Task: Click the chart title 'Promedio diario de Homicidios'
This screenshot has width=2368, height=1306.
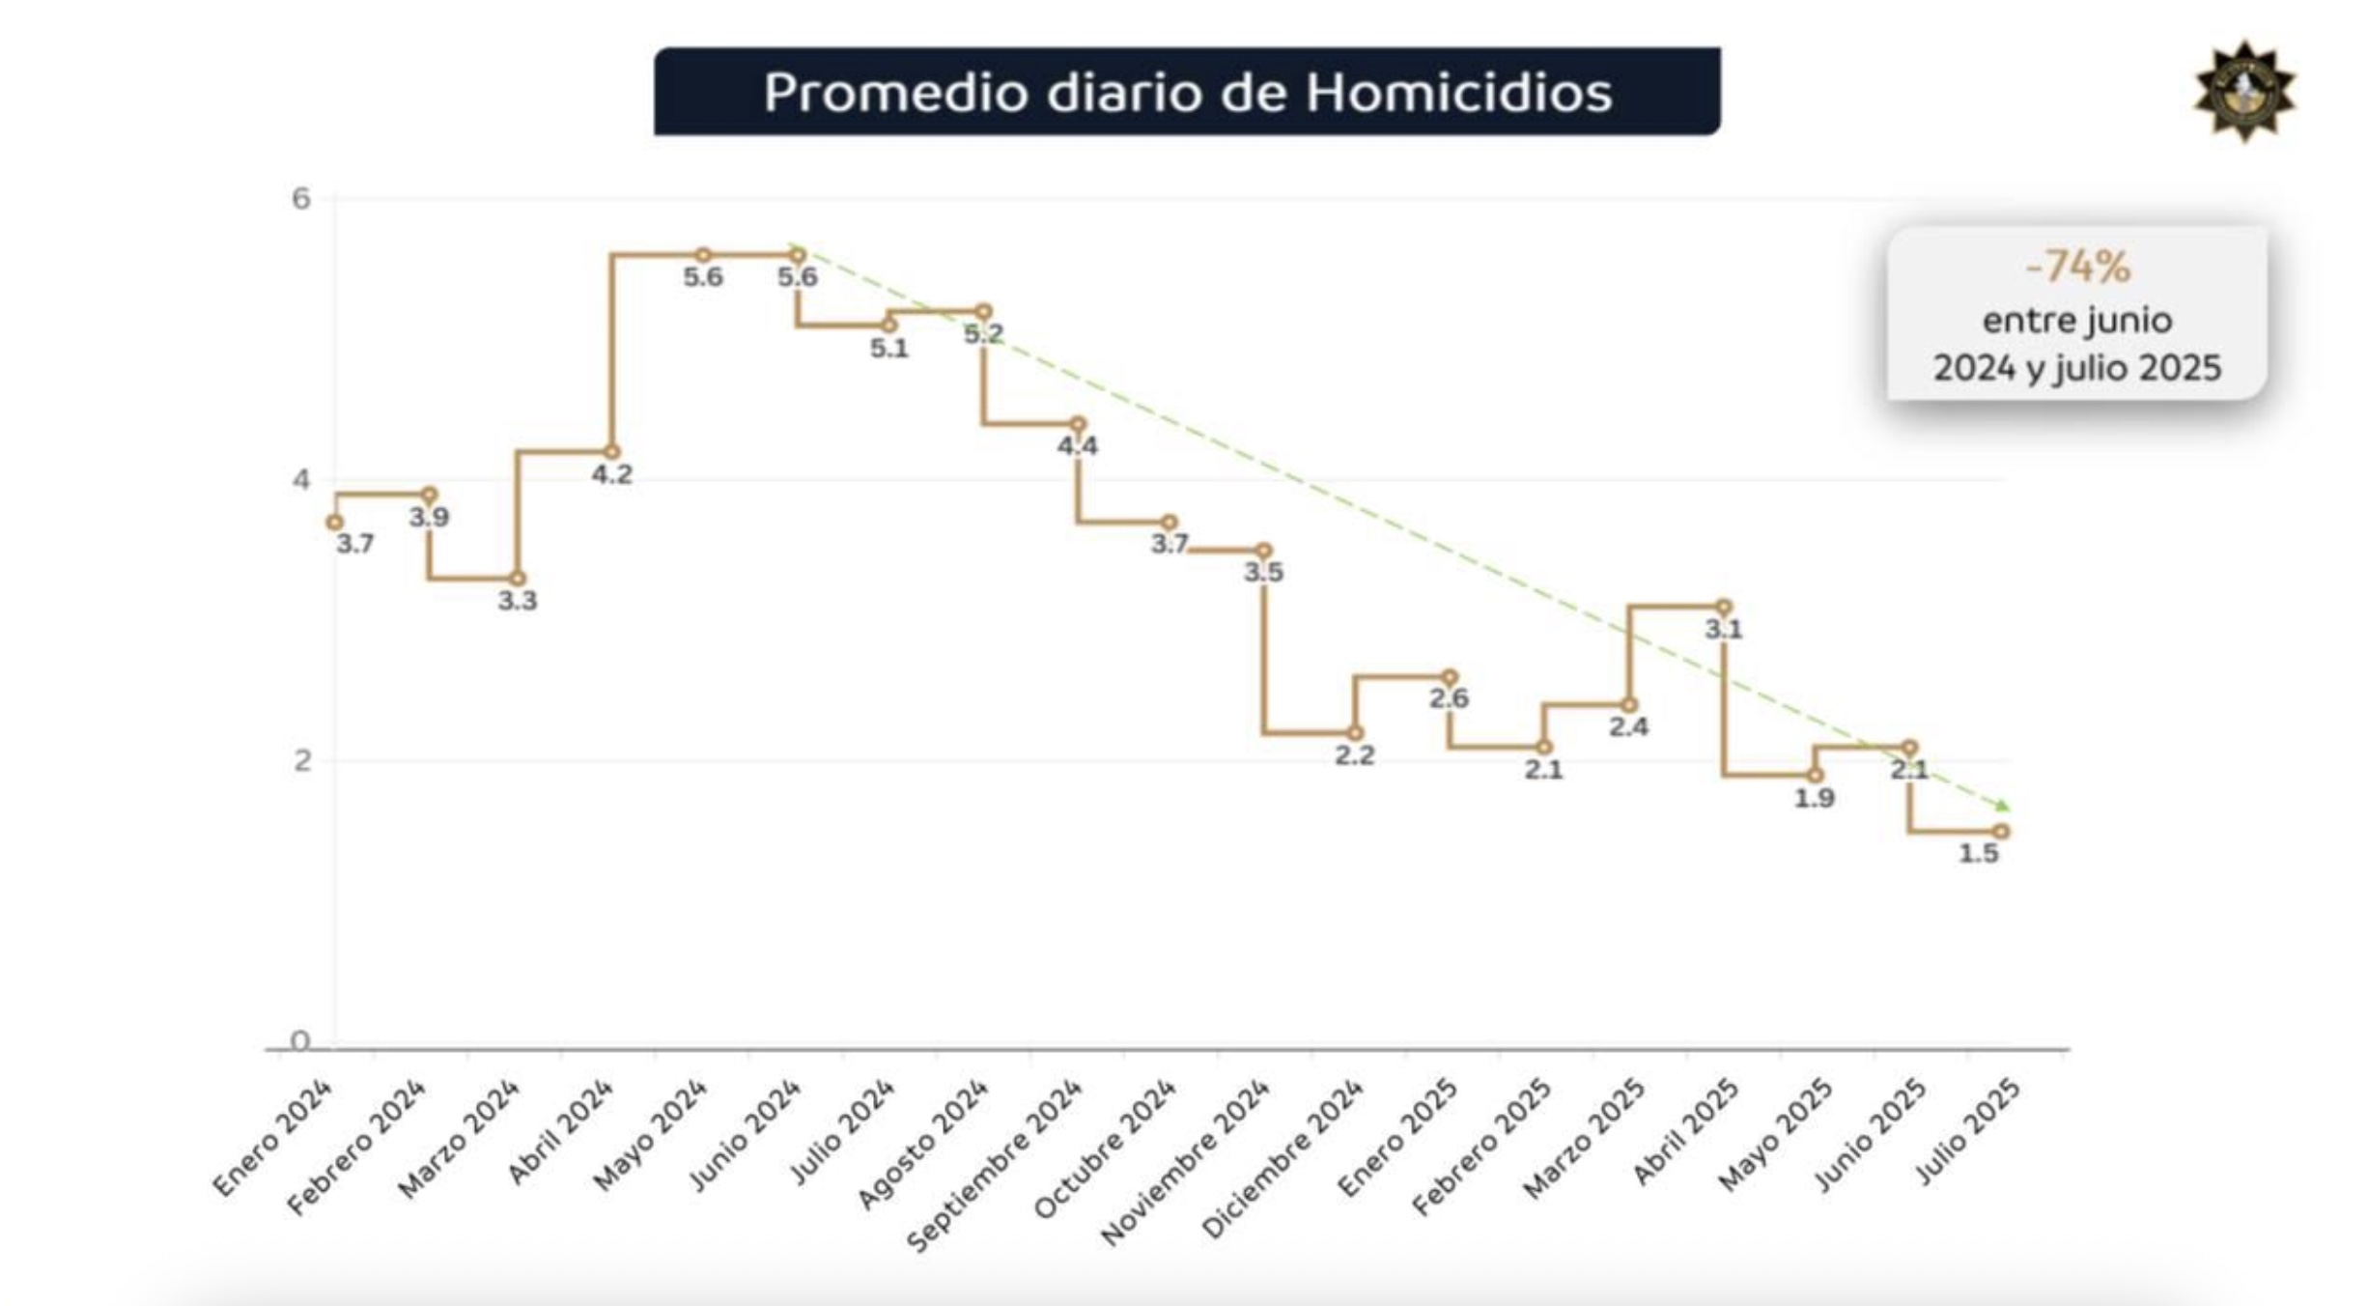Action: click(1187, 93)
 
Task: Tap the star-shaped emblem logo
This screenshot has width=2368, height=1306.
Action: click(2244, 92)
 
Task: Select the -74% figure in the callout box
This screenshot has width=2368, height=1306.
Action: click(2077, 267)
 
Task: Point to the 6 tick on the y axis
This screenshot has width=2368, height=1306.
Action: click(301, 199)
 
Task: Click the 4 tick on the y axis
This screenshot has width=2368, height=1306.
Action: click(301, 479)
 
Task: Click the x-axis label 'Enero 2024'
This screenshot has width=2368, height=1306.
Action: click(273, 1139)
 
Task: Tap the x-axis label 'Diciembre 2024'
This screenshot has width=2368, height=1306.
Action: click(1283, 1159)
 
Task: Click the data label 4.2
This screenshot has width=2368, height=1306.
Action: click(612, 474)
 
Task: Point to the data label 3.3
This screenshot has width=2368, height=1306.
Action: click(518, 601)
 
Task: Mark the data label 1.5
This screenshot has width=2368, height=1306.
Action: click(1978, 854)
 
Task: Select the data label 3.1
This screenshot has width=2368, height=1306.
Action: click(1723, 630)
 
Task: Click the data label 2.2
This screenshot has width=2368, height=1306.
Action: click(1354, 755)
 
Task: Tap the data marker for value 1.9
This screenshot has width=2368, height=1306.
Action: click(1816, 775)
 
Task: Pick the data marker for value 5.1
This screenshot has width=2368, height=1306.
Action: click(889, 325)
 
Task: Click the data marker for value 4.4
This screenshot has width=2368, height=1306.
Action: click(1078, 424)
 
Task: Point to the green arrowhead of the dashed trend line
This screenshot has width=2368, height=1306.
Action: click(2004, 806)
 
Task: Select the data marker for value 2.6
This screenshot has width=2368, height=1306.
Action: click(1449, 677)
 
